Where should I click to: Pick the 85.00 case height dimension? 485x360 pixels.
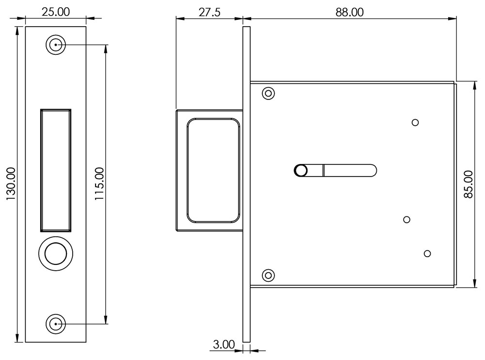pyautogui.click(x=469, y=183)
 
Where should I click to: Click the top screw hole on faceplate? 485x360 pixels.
pyautogui.click(x=56, y=45)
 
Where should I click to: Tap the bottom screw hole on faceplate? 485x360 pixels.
pyautogui.click(x=56, y=323)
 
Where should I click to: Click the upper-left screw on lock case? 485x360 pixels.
pyautogui.click(x=268, y=93)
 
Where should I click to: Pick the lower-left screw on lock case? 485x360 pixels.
pyautogui.click(x=268, y=275)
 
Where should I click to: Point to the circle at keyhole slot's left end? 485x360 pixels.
pyautogui.click(x=301, y=170)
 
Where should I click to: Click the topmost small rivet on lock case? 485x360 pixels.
pyautogui.click(x=415, y=122)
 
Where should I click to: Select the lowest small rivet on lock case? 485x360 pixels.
pyautogui.click(x=427, y=253)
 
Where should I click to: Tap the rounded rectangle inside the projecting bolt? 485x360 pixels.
pyautogui.click(x=213, y=170)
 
